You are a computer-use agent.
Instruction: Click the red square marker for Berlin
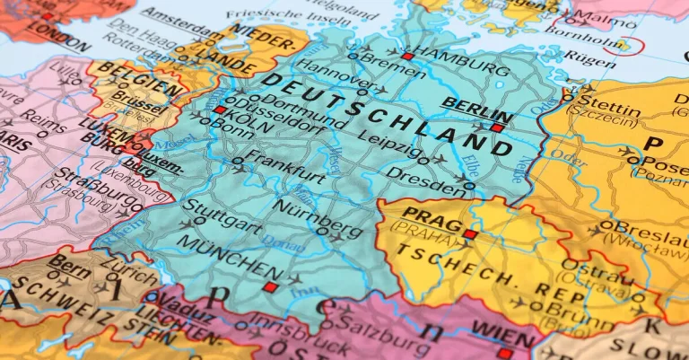coord(497,127)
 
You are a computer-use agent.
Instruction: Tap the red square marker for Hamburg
coord(408,56)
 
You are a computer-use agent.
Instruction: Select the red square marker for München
coord(269,287)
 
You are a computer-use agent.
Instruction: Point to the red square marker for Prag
coord(470,233)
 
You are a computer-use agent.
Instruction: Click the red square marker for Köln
coord(220,110)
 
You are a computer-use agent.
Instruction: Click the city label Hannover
coord(332,69)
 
